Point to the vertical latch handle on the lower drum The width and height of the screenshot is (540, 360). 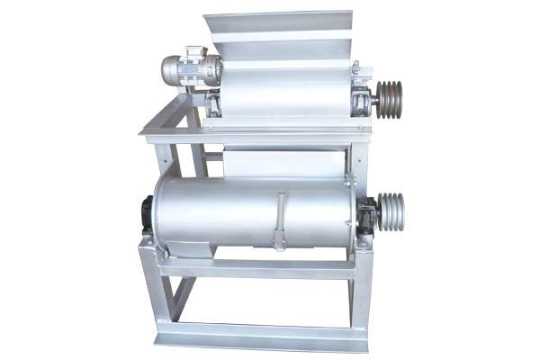click(280, 221)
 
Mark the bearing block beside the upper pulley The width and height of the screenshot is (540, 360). click(362, 100)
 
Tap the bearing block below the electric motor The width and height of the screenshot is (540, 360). click(213, 104)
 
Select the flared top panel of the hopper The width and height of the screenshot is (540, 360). click(278, 22)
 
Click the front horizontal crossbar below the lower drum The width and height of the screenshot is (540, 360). click(256, 268)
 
